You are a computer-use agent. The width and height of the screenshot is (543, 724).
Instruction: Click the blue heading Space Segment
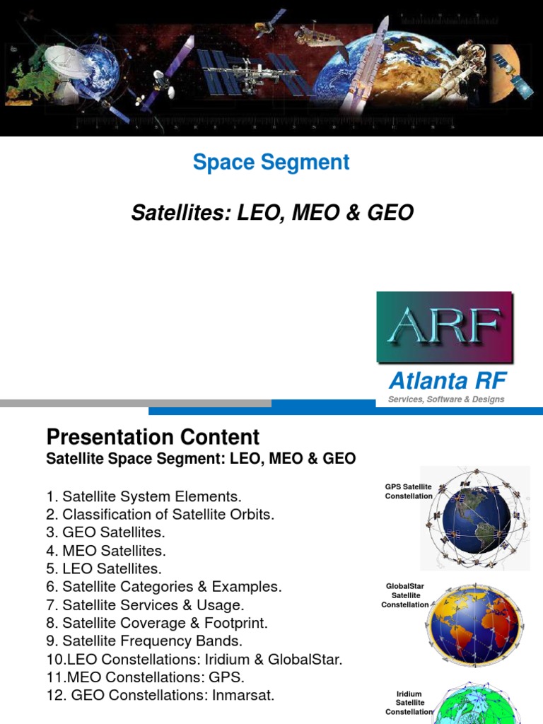pyautogui.click(x=271, y=162)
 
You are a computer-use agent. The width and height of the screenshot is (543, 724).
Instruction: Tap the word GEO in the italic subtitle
pyautogui.click(x=391, y=212)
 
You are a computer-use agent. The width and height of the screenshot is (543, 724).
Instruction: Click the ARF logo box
pyautogui.click(x=444, y=327)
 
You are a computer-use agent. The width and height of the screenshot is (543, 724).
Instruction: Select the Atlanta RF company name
pyautogui.click(x=448, y=381)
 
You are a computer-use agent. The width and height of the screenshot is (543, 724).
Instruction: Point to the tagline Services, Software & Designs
pyautogui.click(x=446, y=399)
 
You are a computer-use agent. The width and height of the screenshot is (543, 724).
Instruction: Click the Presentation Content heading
pyautogui.click(x=153, y=436)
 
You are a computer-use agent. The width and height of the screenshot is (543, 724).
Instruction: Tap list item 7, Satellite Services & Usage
pyautogui.click(x=144, y=605)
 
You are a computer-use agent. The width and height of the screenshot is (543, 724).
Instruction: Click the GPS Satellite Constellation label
pyautogui.click(x=408, y=491)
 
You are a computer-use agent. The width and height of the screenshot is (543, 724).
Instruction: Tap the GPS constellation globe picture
pyautogui.click(x=474, y=518)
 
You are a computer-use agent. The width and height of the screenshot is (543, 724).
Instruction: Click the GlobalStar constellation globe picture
pyautogui.click(x=474, y=622)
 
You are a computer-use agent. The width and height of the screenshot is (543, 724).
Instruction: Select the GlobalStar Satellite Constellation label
pyautogui.click(x=405, y=595)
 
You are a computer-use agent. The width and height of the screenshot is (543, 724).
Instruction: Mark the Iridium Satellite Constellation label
pyautogui.click(x=409, y=702)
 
